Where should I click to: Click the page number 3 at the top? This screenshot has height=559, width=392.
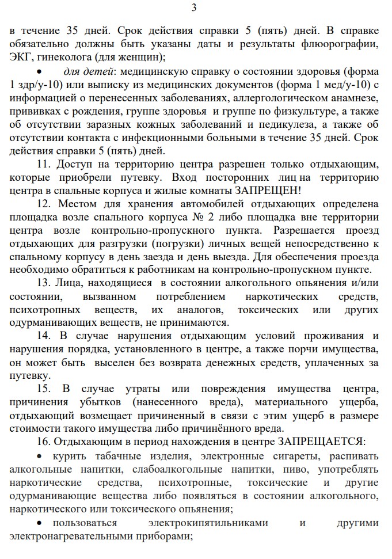pyautogui.click(x=193, y=7)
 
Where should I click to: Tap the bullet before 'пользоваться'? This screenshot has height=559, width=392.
pyautogui.click(x=39, y=523)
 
